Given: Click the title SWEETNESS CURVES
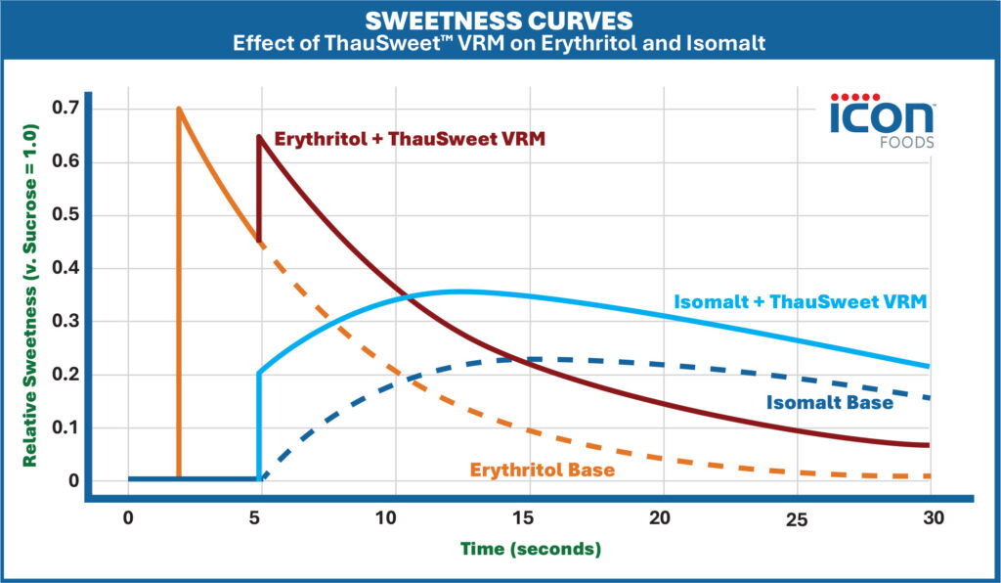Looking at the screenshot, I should pyautogui.click(x=500, y=21).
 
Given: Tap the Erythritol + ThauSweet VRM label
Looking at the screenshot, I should pyautogui.click(x=410, y=140).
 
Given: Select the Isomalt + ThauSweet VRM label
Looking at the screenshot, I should pyautogui.click(x=800, y=302).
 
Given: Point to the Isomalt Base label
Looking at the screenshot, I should pyautogui.click(x=829, y=401).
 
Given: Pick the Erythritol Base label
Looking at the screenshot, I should pyautogui.click(x=543, y=471).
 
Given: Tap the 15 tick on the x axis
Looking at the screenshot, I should pyautogui.click(x=529, y=518).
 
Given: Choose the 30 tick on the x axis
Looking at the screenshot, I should pyautogui.click(x=932, y=518).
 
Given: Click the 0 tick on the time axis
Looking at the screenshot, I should pyautogui.click(x=127, y=518).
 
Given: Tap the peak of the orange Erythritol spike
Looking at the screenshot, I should pyautogui.click(x=178, y=109).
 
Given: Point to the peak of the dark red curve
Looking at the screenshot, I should pyautogui.click(x=258, y=136).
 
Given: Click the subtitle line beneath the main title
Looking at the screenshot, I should pyautogui.click(x=500, y=44).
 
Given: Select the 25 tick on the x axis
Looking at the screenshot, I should pyautogui.click(x=798, y=518).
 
